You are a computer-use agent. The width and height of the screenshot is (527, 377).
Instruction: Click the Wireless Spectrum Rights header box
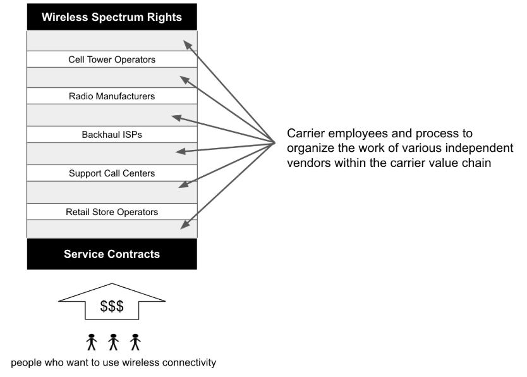coord(112,17)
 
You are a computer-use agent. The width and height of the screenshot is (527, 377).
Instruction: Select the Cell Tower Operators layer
coord(112,59)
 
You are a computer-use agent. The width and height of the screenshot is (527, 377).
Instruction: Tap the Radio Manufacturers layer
coord(112,97)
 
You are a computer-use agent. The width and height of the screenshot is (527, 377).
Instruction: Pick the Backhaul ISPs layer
coord(112,135)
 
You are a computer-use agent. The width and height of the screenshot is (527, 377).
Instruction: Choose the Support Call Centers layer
coord(112,173)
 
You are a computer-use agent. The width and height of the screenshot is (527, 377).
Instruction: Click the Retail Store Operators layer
coord(112,212)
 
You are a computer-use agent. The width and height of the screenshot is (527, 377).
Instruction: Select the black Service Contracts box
coord(112,254)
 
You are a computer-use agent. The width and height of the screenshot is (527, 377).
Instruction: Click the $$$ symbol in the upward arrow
coord(112,307)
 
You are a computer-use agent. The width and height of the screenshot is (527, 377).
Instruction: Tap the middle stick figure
coord(114,342)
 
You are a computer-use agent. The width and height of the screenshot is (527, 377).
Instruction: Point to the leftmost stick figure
coord(92,342)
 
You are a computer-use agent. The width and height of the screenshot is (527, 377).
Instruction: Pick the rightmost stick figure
coord(135,342)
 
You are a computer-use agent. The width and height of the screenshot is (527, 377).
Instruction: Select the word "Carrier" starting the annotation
coord(306,134)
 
